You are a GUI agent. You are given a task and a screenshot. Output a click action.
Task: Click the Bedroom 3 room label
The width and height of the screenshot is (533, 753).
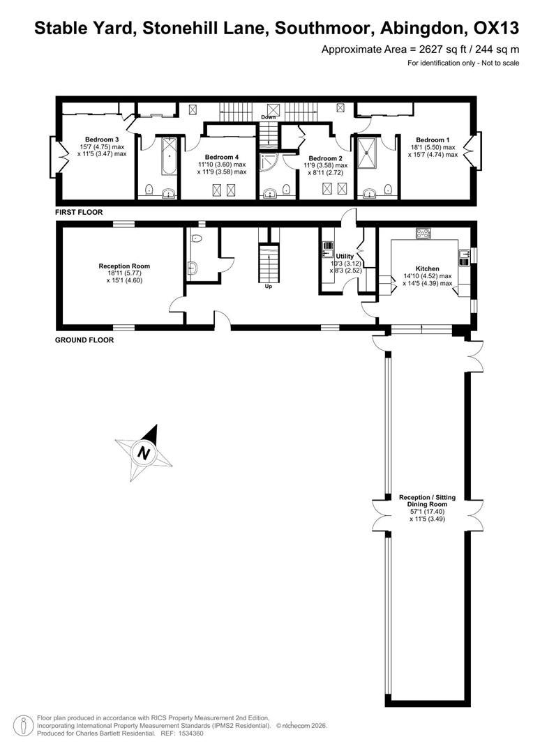(102, 139)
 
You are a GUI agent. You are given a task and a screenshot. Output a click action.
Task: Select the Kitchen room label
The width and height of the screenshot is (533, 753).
(427, 269)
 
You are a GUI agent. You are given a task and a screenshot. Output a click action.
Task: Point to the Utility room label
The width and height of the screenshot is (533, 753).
(345, 257)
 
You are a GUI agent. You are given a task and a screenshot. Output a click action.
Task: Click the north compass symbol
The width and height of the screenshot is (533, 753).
(144, 452)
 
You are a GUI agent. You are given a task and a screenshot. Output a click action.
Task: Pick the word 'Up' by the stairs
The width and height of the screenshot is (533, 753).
(268, 287)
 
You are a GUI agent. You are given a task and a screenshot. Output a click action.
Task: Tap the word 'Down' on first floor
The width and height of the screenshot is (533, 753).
(268, 117)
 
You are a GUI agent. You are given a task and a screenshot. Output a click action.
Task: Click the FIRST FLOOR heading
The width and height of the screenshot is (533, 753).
(79, 212)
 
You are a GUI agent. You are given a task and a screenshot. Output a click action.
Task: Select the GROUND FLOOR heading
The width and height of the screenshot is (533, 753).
(84, 340)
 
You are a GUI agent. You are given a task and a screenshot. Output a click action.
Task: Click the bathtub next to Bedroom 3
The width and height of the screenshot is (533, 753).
(169, 157)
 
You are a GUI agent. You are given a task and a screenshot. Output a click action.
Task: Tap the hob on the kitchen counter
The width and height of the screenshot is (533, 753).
(423, 234)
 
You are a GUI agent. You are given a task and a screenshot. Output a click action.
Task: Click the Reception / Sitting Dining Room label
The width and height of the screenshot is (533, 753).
(427, 501)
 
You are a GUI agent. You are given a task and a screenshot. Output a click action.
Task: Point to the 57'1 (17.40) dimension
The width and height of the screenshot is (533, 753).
(427, 512)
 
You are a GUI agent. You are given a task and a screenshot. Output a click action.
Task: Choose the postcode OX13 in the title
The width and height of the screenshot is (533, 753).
(497, 29)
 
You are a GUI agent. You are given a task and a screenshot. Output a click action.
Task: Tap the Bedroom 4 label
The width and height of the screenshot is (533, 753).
(222, 157)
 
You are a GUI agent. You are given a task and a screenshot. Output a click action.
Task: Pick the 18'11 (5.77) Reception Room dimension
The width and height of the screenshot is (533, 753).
(124, 273)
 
